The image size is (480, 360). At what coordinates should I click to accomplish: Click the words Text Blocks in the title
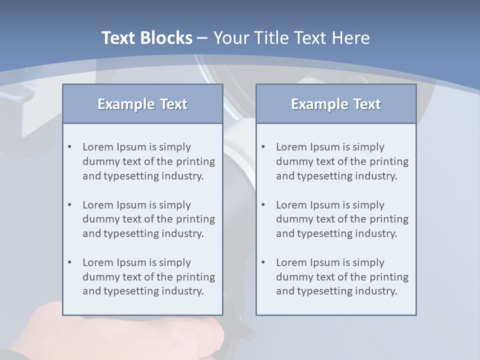(146, 38)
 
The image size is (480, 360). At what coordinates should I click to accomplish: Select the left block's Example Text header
(142, 104)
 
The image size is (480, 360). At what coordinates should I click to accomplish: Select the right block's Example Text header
(336, 104)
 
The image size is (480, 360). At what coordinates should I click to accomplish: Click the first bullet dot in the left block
(70, 147)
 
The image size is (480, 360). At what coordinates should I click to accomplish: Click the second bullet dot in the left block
(70, 205)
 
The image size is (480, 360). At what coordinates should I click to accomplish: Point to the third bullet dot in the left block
(70, 262)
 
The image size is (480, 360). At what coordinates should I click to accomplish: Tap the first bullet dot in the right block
(263, 147)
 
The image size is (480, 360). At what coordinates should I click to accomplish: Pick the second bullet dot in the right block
(263, 205)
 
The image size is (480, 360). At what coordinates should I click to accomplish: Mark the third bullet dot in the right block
(263, 262)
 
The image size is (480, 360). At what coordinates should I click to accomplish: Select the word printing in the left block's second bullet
(195, 219)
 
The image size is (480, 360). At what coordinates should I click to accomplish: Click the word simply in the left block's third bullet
(175, 262)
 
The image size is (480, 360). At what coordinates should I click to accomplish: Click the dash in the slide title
(202, 38)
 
